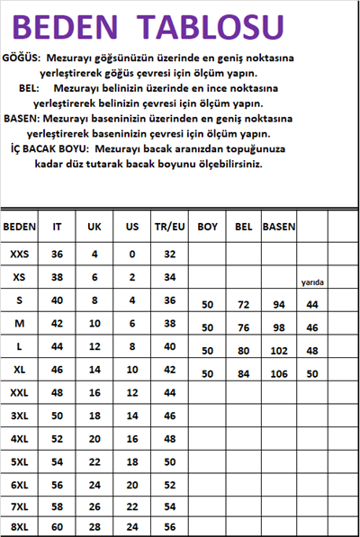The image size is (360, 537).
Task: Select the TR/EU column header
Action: pyautogui.click(x=169, y=228)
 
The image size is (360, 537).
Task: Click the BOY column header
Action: pyautogui.click(x=207, y=228)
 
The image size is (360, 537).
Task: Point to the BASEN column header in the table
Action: pyautogui.click(x=278, y=228)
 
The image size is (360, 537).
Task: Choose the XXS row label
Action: pyautogui.click(x=20, y=255)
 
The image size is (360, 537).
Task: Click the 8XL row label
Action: pyautogui.click(x=20, y=526)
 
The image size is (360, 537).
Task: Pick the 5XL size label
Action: pyautogui.click(x=20, y=461)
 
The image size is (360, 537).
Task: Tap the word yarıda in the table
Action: pyautogui.click(x=312, y=282)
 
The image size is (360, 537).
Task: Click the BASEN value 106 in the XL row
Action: pyautogui.click(x=278, y=373)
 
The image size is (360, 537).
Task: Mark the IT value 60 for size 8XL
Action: pyautogui.click(x=57, y=526)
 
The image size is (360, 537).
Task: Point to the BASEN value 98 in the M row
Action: pyautogui.click(x=278, y=327)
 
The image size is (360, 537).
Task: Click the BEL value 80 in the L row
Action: pyautogui.click(x=243, y=351)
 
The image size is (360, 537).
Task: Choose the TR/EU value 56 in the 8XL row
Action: pyautogui.click(x=169, y=526)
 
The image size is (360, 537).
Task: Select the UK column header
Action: pyautogui.click(x=94, y=228)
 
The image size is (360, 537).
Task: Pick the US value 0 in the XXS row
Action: pyautogui.click(x=131, y=255)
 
